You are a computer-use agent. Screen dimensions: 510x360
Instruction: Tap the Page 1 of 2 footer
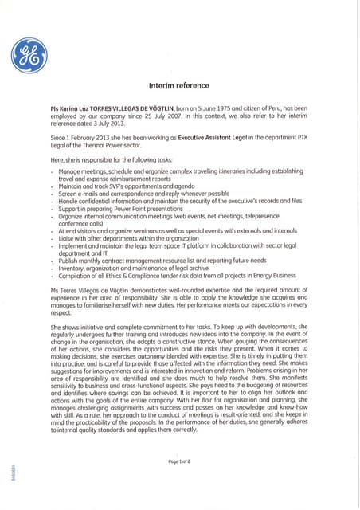pos(179,461)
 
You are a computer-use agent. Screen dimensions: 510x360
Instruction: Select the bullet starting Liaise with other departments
pos(128,238)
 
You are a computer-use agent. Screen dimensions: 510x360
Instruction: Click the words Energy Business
pos(272,275)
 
